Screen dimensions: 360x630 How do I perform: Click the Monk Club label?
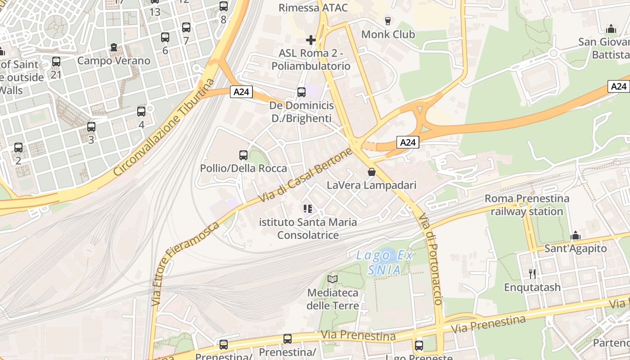388,34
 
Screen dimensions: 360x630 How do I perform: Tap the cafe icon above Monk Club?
387,21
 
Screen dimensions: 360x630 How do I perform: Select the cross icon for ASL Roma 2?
310,40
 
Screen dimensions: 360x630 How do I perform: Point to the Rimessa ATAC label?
313,8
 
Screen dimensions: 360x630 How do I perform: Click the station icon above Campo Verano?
114,47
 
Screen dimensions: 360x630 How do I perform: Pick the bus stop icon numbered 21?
56,62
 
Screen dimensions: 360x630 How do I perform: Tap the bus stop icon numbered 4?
141,112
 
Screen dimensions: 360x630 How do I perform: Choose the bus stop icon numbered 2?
18,148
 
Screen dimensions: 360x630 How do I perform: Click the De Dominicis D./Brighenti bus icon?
301,92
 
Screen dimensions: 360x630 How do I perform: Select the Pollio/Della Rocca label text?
243,168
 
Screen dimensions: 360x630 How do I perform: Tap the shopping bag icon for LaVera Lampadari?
372,172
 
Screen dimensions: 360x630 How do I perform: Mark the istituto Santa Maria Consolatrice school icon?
308,209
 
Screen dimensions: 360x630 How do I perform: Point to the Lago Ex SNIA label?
384,262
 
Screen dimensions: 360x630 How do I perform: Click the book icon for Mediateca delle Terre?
333,279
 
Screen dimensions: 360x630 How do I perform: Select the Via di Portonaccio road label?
431,258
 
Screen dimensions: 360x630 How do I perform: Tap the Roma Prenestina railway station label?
526,205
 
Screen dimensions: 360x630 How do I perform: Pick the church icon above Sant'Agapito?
576,235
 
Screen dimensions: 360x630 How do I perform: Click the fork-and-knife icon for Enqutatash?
532,274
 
